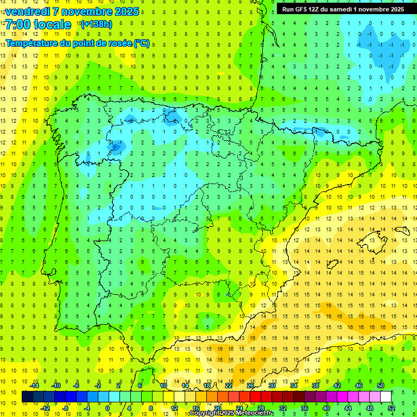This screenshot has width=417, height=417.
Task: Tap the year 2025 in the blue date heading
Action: (x=123, y=11)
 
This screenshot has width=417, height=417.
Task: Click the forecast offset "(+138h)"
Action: (x=97, y=24)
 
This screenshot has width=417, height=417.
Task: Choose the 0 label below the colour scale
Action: (x=108, y=408)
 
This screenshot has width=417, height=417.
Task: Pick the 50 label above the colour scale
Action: (x=380, y=386)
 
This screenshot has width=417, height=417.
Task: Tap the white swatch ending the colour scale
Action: (x=386, y=397)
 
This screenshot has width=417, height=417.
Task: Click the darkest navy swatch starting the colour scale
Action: (x=27, y=397)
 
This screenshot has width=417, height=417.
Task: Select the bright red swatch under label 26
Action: (x=255, y=397)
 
